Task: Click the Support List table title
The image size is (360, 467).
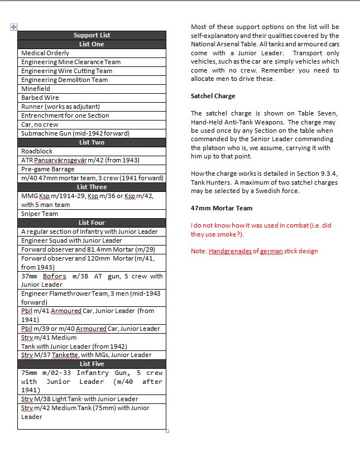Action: [x=92, y=35]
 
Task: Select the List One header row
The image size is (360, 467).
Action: [x=92, y=44]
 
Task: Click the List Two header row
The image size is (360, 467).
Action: [x=92, y=142]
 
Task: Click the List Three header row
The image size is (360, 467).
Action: [x=92, y=187]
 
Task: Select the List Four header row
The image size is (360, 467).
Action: [x=92, y=223]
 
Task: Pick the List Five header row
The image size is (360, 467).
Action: [x=92, y=364]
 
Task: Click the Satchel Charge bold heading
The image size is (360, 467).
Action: [x=213, y=96]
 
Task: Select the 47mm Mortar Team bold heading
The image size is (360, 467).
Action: [x=222, y=208]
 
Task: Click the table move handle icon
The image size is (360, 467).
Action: [x=14, y=27]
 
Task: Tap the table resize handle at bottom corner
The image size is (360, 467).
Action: [x=167, y=431]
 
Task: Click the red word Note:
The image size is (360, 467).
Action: [x=199, y=251]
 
